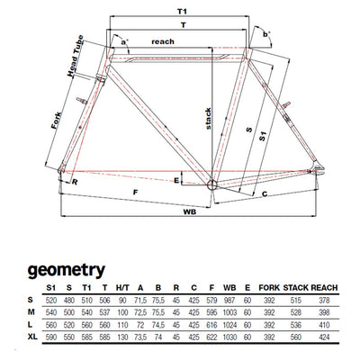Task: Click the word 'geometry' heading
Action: [x=67, y=270]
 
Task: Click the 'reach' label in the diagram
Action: [x=163, y=41]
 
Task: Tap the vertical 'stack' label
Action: [x=208, y=119]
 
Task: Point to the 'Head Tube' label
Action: [x=75, y=56]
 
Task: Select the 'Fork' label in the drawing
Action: [x=57, y=121]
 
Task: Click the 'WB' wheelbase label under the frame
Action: [x=190, y=211]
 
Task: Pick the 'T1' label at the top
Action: [x=182, y=12]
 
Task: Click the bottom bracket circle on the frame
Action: [x=211, y=184]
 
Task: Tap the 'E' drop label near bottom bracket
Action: [x=176, y=180]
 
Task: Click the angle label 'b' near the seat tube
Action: [x=265, y=34]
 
